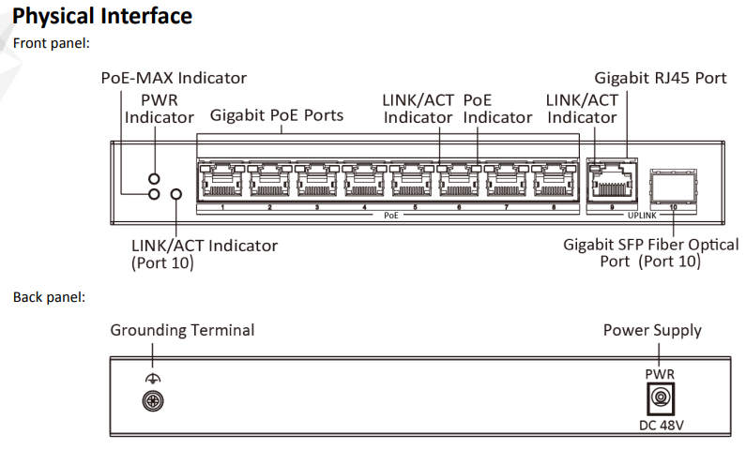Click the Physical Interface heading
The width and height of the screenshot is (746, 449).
pyautogui.click(x=102, y=16)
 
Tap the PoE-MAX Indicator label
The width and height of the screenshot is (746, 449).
pyautogui.click(x=174, y=78)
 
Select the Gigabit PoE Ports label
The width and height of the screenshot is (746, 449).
pyautogui.click(x=277, y=116)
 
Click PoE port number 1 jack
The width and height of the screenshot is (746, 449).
pyautogui.click(x=221, y=178)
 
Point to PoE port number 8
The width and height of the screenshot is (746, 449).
pyautogui.click(x=554, y=178)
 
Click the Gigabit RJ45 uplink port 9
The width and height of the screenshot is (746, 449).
pyautogui.click(x=611, y=178)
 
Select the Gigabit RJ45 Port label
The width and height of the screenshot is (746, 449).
pyautogui.click(x=661, y=78)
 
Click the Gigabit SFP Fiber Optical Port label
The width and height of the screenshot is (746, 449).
pyautogui.click(x=650, y=253)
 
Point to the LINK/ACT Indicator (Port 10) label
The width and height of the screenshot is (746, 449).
pyautogui.click(x=204, y=254)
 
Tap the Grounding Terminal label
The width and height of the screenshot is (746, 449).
pyautogui.click(x=182, y=330)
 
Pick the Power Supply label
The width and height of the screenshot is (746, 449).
pyautogui.click(x=652, y=330)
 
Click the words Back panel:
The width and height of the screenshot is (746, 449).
pyautogui.click(x=49, y=297)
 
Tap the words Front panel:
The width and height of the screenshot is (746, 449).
pyautogui.click(x=51, y=43)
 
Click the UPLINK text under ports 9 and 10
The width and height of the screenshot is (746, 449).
pyautogui.click(x=642, y=216)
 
